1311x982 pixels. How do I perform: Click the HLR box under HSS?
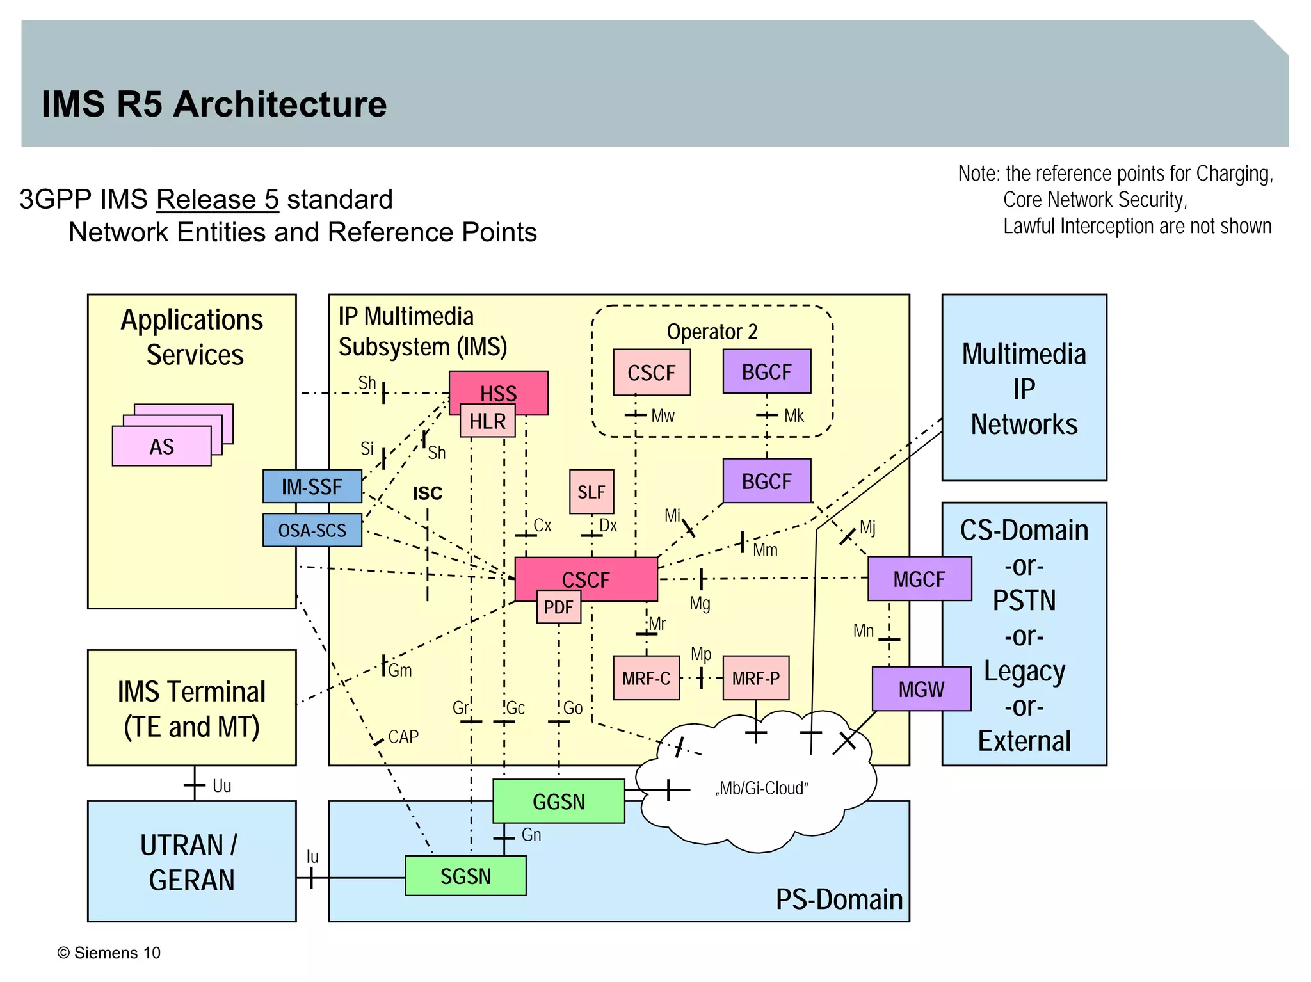487,422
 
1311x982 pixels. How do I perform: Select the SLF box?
591,492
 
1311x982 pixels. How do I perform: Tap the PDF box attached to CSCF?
558,607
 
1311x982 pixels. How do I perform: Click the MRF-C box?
646,678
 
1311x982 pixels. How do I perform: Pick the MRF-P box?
755,678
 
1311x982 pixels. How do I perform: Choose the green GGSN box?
558,801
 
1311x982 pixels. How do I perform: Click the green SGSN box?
465,876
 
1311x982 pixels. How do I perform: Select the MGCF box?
919,579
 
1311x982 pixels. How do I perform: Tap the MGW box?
921,689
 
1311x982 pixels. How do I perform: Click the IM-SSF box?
312,487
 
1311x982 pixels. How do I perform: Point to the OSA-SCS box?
312,530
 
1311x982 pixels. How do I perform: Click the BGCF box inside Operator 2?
766,371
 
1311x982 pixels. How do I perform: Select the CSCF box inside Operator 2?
651,373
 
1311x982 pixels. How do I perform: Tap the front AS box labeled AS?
161,446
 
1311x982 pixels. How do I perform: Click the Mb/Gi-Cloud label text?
761,788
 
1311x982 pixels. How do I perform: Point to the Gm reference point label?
400,670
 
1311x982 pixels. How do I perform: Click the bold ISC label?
427,494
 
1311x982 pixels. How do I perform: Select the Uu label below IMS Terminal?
221,786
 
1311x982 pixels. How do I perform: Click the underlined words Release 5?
217,200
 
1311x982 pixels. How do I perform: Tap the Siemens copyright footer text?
109,953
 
